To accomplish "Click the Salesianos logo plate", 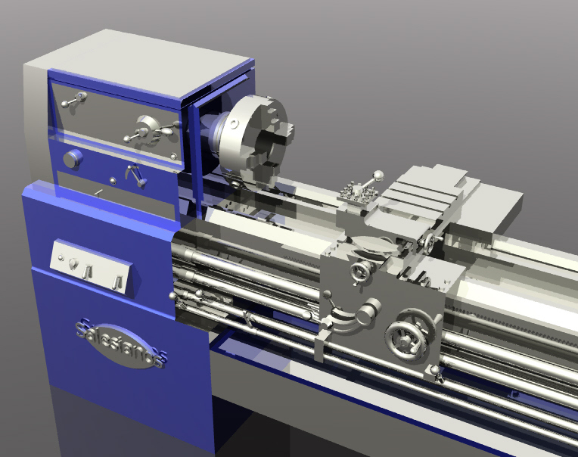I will (x=120, y=341).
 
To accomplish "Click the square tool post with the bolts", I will (x=356, y=194).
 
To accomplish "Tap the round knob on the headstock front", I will (x=73, y=159).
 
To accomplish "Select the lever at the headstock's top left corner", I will (x=75, y=99).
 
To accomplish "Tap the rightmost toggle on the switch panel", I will (x=117, y=282).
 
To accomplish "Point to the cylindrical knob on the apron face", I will (x=370, y=310).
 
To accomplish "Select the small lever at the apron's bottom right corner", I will (x=435, y=372).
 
